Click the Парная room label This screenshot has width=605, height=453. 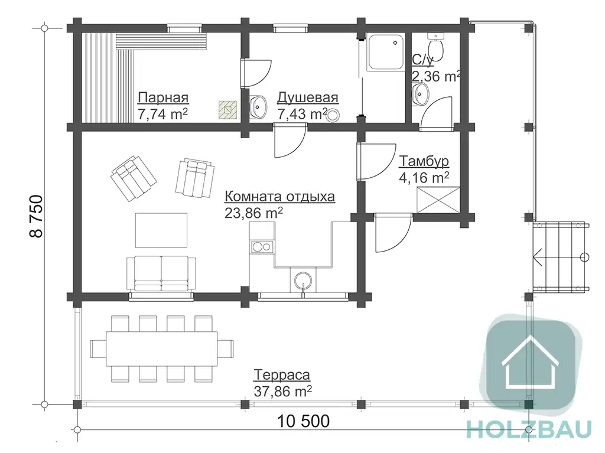163,97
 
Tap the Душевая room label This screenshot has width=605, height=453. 307,97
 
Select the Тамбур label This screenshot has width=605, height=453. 424,161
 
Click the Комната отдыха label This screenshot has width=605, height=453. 279,197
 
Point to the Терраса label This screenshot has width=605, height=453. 282,374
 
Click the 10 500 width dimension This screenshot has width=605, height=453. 304,421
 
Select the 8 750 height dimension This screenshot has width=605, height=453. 36,216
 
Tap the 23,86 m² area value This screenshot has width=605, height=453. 253,213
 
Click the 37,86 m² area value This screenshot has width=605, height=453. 283,391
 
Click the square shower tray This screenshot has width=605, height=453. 385,52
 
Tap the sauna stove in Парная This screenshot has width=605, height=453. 227,109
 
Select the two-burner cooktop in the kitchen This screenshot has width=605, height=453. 262,246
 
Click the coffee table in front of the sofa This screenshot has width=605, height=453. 161,230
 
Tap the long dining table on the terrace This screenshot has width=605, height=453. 162,349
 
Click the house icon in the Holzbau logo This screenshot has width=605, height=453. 530,362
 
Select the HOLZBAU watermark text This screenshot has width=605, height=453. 529,429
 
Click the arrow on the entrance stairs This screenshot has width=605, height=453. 538,256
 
